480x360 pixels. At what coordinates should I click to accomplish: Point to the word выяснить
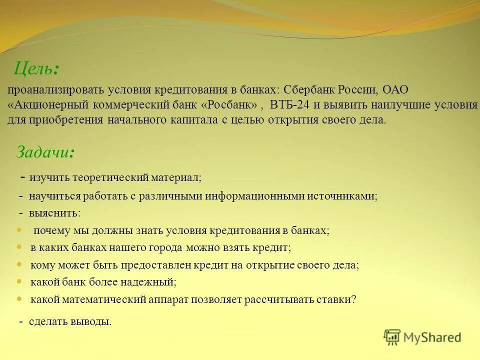[54, 213]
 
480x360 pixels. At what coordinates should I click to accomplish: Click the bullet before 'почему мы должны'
[19, 230]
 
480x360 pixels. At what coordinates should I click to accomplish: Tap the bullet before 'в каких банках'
[19, 247]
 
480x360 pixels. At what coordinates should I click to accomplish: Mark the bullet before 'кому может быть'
[19, 264]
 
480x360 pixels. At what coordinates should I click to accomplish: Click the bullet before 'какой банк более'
[19, 281]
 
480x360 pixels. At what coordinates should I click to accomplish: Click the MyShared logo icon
[392, 337]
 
